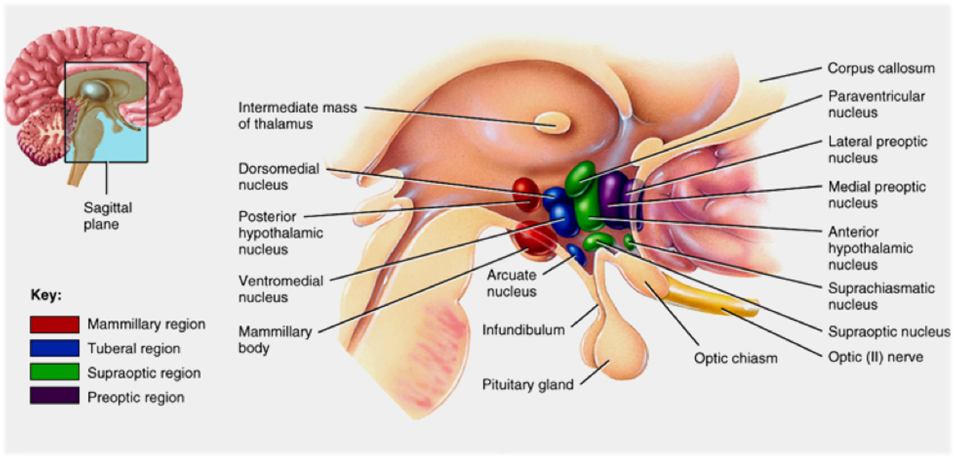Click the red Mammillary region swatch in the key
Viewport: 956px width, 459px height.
pos(54,324)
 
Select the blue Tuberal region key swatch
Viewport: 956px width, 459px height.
pos(54,348)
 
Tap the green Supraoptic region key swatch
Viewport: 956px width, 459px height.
pos(54,372)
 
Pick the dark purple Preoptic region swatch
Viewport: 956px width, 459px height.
pos(54,396)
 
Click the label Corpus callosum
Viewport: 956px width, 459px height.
pos(881,68)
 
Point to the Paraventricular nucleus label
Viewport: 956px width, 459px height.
pos(876,104)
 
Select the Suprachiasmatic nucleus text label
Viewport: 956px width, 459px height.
pos(881,296)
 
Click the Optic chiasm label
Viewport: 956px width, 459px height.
pos(736,358)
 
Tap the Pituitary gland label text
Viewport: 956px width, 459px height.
pos(528,385)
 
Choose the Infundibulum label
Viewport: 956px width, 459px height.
pos(523,330)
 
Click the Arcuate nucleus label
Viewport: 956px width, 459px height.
pos(512,283)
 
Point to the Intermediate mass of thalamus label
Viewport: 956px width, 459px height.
pos(298,115)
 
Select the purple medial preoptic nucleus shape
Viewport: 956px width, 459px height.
pos(613,195)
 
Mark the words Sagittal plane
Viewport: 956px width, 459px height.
pos(108,216)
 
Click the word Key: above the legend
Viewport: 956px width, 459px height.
pos(46,295)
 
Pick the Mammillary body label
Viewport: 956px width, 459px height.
pos(275,339)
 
